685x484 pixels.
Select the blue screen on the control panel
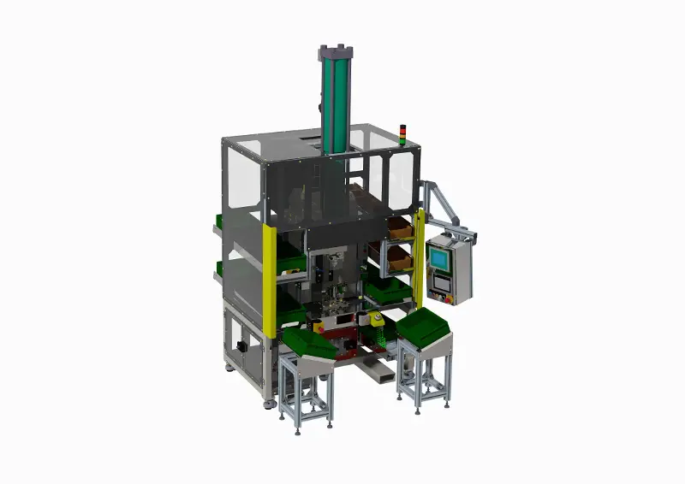point(439,257)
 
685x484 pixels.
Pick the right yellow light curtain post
point(419,257)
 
